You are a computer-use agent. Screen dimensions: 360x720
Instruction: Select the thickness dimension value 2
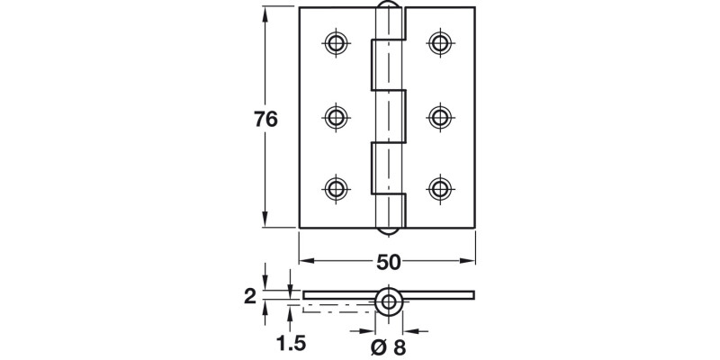[251, 295]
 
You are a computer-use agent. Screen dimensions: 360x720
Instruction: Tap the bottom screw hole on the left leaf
[336, 188]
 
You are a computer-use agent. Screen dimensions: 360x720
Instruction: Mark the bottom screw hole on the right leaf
[439, 188]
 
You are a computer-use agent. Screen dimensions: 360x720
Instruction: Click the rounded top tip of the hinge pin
[387, 9]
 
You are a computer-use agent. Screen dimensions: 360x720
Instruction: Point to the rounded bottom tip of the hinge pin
[387, 229]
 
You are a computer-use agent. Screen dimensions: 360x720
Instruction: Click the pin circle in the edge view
[389, 301]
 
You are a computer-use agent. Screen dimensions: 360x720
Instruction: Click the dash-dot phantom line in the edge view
[337, 307]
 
